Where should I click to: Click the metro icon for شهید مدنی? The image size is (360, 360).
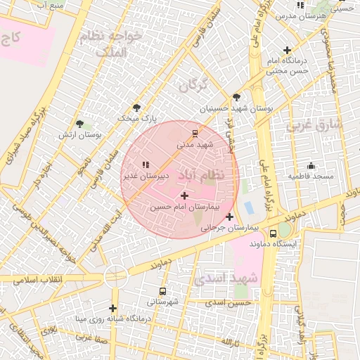(195, 133)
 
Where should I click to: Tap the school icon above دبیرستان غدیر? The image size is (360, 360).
(146, 165)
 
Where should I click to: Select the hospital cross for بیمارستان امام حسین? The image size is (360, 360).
(184, 195)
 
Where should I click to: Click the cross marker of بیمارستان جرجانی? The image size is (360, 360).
(229, 217)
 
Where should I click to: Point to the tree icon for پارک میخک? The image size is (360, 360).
(136, 108)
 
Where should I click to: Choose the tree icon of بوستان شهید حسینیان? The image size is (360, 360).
(236, 98)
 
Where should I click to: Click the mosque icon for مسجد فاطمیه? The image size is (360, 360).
(311, 165)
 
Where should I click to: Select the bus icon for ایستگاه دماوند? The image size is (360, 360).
(274, 233)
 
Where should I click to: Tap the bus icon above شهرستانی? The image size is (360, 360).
(163, 291)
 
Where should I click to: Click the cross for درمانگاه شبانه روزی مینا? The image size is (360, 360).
(112, 308)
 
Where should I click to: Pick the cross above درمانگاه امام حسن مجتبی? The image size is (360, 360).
(287, 50)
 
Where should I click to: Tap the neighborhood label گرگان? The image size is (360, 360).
(193, 86)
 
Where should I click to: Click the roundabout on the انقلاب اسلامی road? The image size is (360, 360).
(115, 276)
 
